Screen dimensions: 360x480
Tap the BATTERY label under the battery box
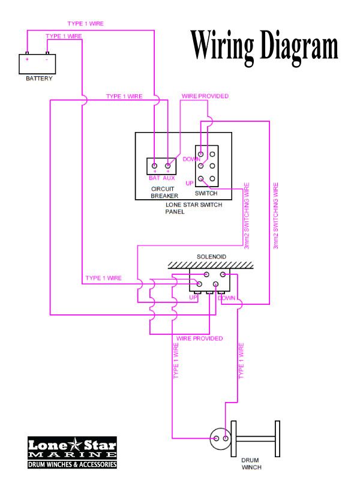[39, 79]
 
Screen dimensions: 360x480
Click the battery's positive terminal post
[27, 53]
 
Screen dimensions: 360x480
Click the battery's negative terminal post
[47, 53]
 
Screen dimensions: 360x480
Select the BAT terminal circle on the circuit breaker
[155, 166]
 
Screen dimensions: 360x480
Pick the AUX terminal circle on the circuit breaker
[167, 166]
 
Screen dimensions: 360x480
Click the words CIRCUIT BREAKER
[164, 192]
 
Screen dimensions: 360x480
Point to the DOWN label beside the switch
[191, 159]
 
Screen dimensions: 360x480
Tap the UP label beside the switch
[190, 183]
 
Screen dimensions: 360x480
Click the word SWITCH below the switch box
[206, 193]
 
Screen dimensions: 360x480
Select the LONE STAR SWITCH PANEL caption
[193, 208]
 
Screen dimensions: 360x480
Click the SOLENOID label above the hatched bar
[211, 257]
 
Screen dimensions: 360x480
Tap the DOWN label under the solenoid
[227, 298]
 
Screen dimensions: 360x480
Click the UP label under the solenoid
[193, 298]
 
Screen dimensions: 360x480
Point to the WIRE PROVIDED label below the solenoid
[199, 338]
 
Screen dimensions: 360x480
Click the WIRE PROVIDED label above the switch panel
[205, 96]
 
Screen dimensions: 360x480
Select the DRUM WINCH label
[251, 463]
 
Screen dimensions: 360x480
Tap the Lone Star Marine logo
[72, 453]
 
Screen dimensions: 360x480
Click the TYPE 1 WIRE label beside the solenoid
[103, 278]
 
